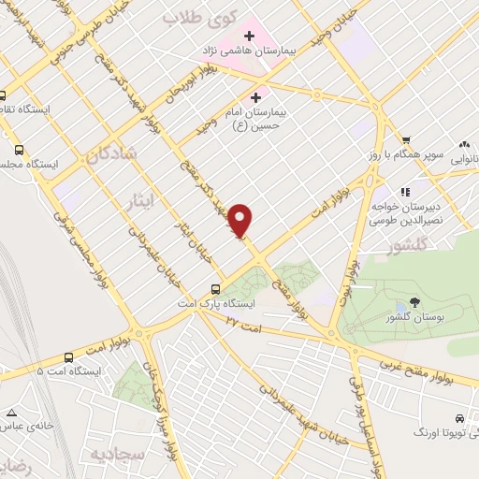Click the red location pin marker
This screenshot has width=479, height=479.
tap(241, 220)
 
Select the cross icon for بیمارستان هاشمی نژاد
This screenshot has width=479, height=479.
tap(250, 36)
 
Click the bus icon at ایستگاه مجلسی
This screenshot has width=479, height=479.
tap(19, 149)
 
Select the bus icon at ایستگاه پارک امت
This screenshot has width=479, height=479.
tap(215, 290)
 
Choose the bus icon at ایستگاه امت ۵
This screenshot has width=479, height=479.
tap(68, 356)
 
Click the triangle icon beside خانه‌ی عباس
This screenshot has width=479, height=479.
tap(11, 413)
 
